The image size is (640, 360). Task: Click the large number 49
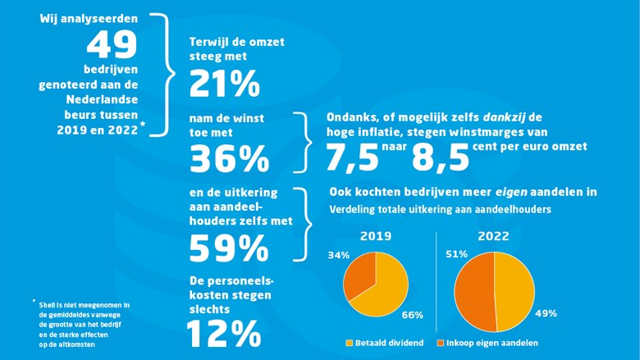point(114,45)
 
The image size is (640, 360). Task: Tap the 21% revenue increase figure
point(224,84)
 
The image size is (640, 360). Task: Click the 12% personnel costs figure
point(223,333)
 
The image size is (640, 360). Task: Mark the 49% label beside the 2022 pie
point(546,312)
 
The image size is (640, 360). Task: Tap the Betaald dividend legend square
point(350,342)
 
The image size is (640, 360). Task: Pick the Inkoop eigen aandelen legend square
point(442,342)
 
